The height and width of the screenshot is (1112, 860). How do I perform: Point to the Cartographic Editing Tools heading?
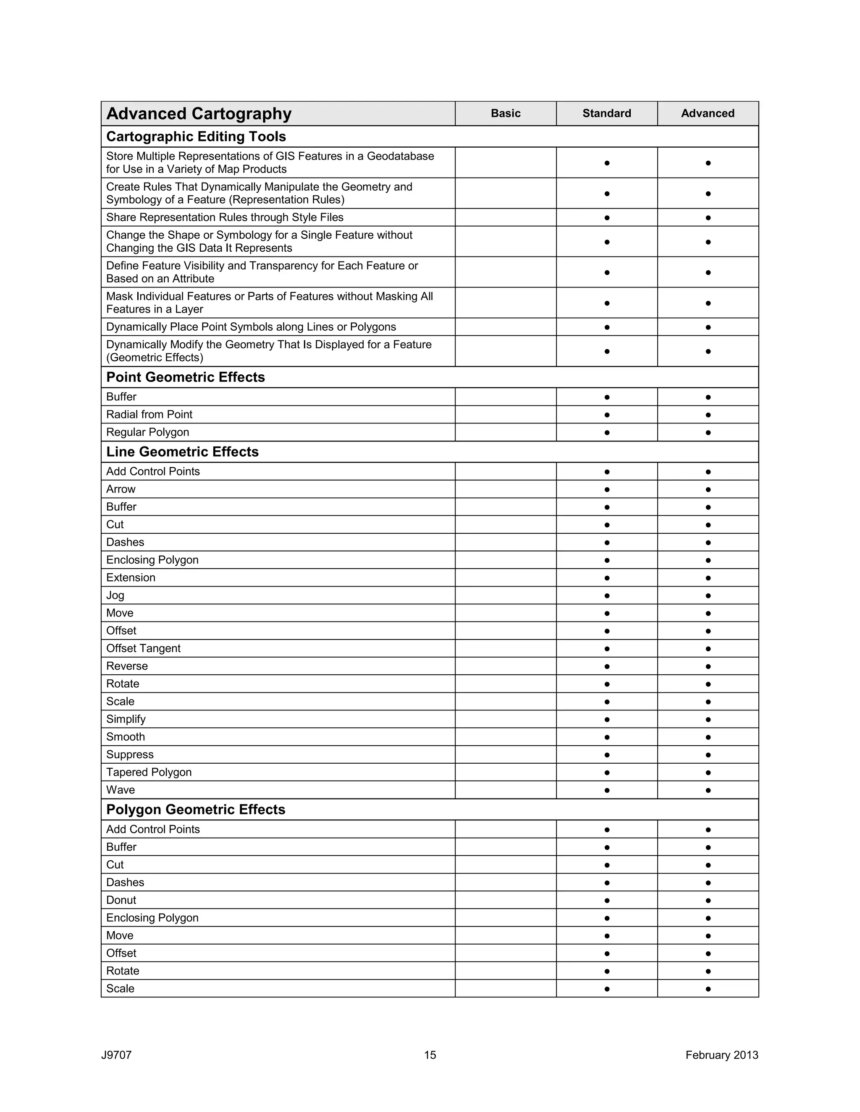click(196, 136)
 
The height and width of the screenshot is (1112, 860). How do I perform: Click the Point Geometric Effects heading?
click(186, 377)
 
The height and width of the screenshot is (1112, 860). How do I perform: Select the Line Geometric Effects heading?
click(182, 452)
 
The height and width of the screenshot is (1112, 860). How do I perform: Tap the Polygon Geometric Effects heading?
click(196, 809)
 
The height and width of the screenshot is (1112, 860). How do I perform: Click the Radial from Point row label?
click(149, 415)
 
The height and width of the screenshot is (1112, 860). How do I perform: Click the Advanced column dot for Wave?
click(708, 790)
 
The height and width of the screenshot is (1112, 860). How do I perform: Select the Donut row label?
click(121, 900)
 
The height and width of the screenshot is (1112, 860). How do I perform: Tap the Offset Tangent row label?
click(143, 648)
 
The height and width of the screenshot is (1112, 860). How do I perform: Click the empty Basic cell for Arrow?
click(506, 489)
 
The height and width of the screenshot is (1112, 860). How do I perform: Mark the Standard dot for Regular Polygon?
click(607, 433)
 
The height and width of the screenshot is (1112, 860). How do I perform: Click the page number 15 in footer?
click(430, 1055)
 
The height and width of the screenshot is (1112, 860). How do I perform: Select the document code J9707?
click(116, 1055)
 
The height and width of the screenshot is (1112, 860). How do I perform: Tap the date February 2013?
click(721, 1055)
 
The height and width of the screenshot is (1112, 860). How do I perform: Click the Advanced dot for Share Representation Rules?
click(708, 218)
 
